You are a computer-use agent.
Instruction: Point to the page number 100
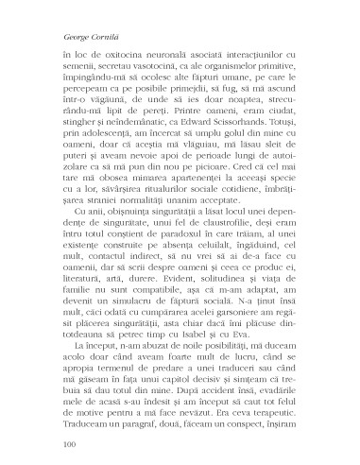67,443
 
